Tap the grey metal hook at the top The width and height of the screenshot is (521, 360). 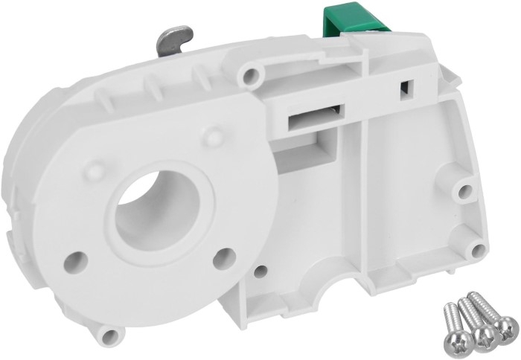(x=176, y=37)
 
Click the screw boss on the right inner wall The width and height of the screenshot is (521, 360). (x=465, y=193)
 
